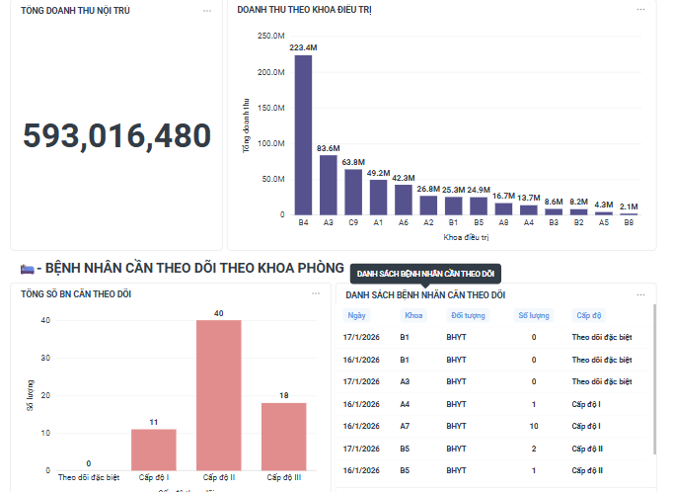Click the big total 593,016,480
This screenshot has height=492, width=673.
coord(116,136)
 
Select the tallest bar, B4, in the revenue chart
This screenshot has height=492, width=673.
coord(303,134)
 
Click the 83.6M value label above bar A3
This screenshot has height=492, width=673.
coord(329,148)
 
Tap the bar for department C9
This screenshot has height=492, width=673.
coord(353,192)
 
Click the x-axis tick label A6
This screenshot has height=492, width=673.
coord(404,223)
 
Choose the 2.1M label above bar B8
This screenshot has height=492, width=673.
coord(629,206)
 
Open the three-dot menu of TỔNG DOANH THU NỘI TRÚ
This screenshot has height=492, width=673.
coord(207,11)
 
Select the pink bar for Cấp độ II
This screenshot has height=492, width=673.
coord(219,395)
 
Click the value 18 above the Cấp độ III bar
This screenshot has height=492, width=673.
coord(284,395)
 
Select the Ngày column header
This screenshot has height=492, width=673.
coord(356,316)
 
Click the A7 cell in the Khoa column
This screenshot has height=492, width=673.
coord(405,426)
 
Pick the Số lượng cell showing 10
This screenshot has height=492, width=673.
coord(534,426)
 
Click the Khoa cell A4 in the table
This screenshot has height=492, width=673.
coord(405,404)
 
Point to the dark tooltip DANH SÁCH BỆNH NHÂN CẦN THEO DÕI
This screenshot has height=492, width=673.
coord(425,273)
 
